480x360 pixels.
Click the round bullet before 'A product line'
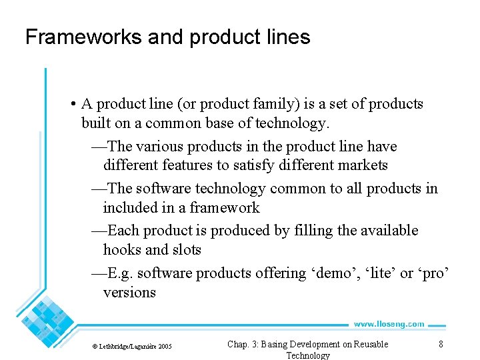(71, 104)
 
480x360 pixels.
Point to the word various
(160, 146)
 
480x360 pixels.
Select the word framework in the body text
(225, 207)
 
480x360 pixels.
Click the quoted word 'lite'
(377, 273)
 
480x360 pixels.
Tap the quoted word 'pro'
(434, 273)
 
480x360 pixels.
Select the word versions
(129, 292)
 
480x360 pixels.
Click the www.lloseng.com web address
(389, 324)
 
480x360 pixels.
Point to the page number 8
(441, 344)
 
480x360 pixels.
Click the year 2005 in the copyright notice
(165, 347)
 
